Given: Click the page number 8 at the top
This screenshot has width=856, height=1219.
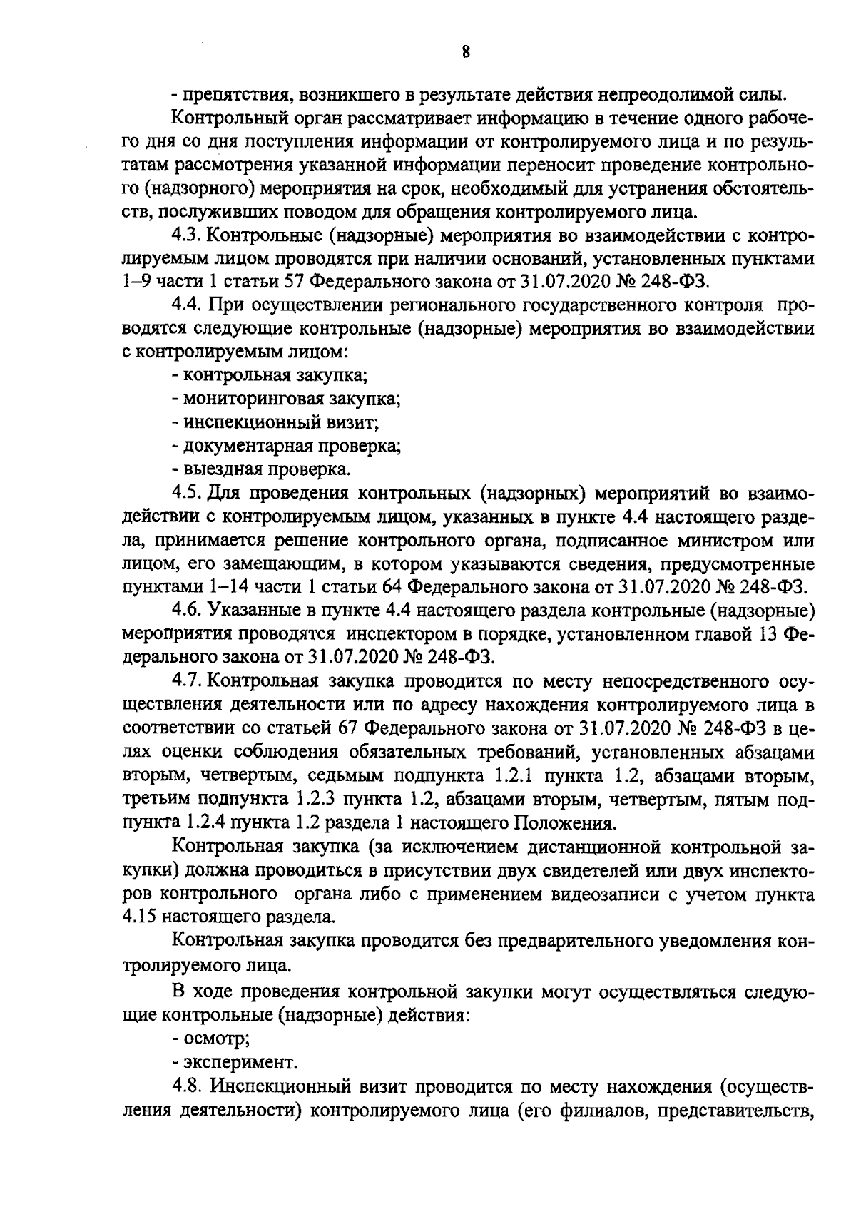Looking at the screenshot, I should (464, 51).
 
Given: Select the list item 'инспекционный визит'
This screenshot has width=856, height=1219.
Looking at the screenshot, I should (280, 422).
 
